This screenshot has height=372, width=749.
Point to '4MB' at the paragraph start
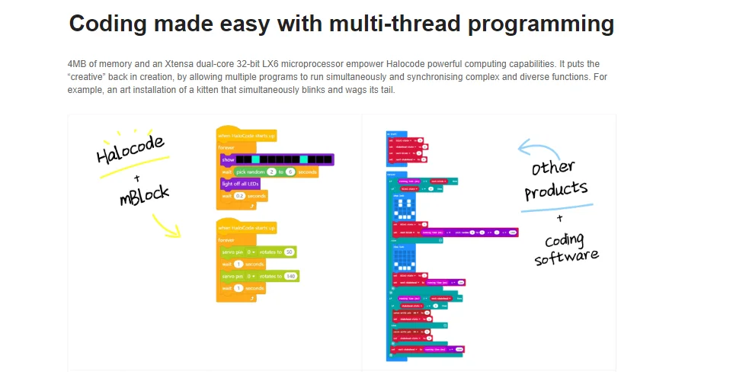coord(78,64)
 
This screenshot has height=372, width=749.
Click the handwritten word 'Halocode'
coord(130,148)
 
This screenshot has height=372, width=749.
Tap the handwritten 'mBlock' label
coord(144,194)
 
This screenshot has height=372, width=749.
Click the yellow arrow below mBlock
coord(165,224)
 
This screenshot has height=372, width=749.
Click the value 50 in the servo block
coord(290,251)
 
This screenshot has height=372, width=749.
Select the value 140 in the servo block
coord(290,276)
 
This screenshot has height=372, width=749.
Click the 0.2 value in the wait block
coord(239,196)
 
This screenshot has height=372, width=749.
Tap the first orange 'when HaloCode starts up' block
coord(246,136)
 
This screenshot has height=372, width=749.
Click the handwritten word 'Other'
coord(553,167)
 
